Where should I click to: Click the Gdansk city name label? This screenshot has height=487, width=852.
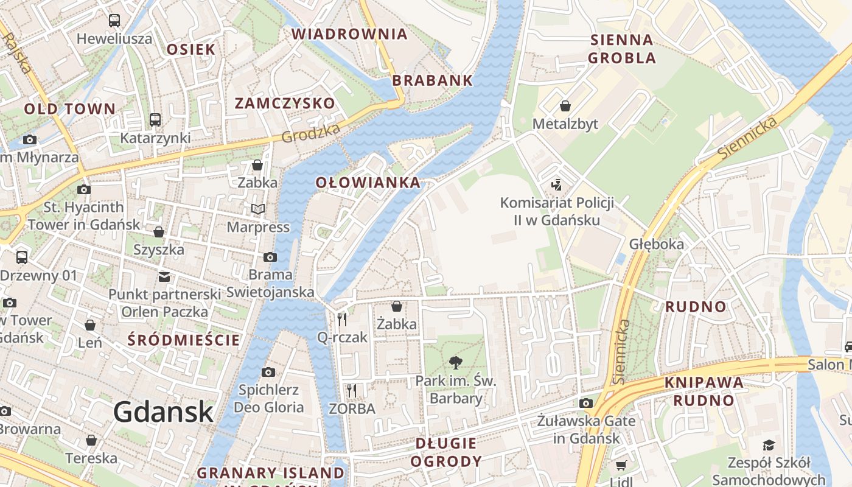[x=163, y=412]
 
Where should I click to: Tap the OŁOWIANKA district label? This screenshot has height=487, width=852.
[x=368, y=182]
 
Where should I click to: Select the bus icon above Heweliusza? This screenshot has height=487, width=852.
[x=114, y=21]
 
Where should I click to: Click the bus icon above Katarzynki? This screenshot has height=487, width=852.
[x=155, y=120]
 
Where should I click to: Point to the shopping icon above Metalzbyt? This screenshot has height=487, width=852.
[x=565, y=106]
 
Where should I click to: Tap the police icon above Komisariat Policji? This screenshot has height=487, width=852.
[x=556, y=184]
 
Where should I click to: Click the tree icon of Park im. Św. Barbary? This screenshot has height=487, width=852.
[x=455, y=363]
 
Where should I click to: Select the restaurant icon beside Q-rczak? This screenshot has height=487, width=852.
[x=342, y=319]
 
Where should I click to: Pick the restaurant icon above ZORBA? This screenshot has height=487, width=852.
[x=351, y=390]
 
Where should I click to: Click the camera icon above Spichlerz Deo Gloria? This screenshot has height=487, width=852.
[x=268, y=372]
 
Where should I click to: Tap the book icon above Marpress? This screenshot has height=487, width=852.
[x=258, y=209]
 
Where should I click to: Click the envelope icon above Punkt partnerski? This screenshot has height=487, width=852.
[x=164, y=277]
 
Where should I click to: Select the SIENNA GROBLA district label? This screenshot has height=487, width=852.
[x=622, y=49]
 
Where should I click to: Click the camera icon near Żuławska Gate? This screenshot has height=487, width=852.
[x=586, y=403]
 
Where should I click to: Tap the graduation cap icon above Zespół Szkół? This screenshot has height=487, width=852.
[x=769, y=446]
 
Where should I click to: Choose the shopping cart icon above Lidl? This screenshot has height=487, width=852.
[x=621, y=466]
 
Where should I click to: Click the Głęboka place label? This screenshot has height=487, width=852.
[x=657, y=244]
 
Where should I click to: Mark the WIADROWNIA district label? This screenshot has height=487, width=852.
[x=349, y=34]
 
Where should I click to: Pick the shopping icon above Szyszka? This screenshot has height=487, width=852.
[x=159, y=232]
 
